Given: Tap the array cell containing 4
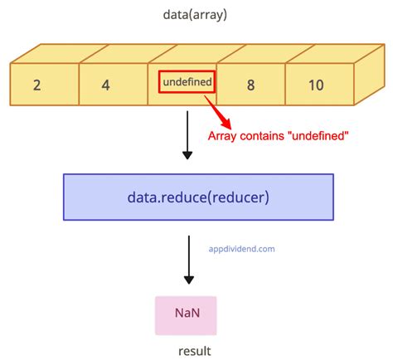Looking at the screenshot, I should [114, 84].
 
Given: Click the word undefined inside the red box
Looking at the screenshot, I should [187, 82].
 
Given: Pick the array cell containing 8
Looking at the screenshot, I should [251, 84].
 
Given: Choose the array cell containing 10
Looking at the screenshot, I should [319, 84].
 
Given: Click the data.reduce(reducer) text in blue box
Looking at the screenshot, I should [198, 197].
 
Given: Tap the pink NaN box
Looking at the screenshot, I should [186, 315].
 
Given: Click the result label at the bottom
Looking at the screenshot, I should [193, 351].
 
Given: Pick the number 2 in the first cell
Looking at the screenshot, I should [38, 85].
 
